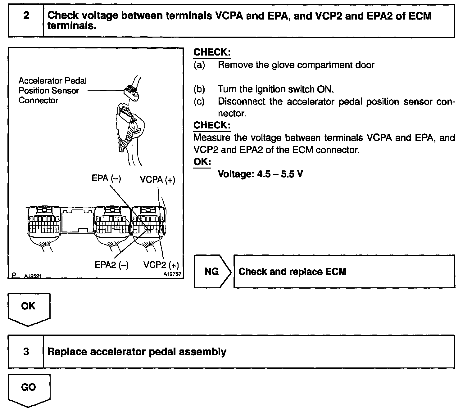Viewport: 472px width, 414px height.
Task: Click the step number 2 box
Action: point(26,21)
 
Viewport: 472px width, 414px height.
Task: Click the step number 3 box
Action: point(26,352)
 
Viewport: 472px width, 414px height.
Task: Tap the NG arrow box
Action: point(212,272)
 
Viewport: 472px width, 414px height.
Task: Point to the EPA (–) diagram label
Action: point(107,178)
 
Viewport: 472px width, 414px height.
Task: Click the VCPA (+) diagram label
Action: point(157,180)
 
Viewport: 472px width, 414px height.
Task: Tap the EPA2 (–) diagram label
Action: point(111,265)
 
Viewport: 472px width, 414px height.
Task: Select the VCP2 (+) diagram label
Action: point(161,265)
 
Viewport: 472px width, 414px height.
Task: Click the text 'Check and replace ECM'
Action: point(292,272)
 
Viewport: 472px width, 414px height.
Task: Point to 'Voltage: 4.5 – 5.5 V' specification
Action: point(260,174)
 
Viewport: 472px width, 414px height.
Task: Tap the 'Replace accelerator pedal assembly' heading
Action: point(137,352)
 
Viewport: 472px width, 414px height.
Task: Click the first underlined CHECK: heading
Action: point(212,52)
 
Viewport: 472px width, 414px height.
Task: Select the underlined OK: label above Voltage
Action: point(202,162)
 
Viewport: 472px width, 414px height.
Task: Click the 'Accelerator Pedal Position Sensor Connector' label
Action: point(52,91)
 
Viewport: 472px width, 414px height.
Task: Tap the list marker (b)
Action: point(199,89)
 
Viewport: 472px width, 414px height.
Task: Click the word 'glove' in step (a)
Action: point(282,65)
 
